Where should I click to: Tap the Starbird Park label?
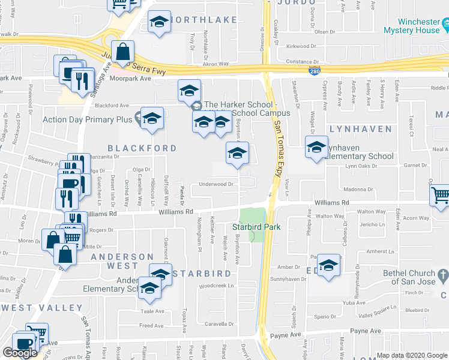pyautogui.click(x=253, y=227)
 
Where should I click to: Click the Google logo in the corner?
pyautogui.click(x=20, y=353)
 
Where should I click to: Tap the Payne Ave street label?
pyautogui.click(x=367, y=331)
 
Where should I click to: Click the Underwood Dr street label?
pyautogui.click(x=215, y=184)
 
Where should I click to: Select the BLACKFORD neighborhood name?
pyautogui.click(x=142, y=148)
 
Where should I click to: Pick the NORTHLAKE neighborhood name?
pyautogui.click(x=203, y=20)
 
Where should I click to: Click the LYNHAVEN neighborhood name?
pyautogui.click(x=360, y=129)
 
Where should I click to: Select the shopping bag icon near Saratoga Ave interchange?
pyautogui.click(x=122, y=52)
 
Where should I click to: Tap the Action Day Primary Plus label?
pyautogui.click(x=87, y=119)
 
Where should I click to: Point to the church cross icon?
pyautogui.click(x=443, y=276)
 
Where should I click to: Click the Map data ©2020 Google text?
pyautogui.click(x=412, y=355)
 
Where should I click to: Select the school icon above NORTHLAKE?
pyautogui.click(x=159, y=23)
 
